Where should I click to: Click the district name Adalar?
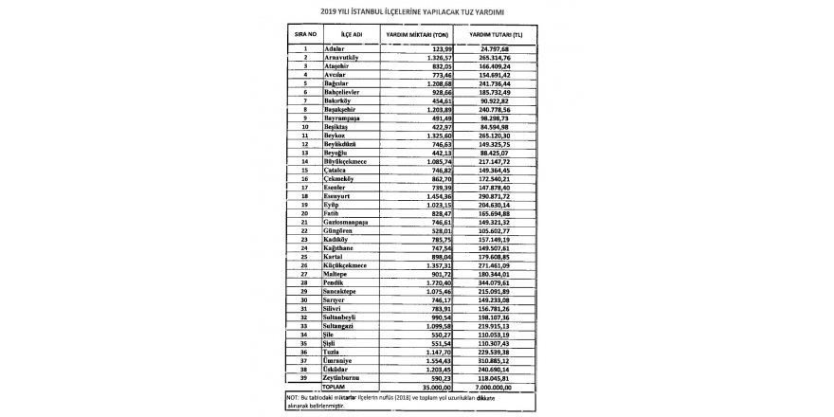[335, 47]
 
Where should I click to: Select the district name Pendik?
[335, 281]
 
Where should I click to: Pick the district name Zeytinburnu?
[343, 377]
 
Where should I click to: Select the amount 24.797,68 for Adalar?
[502, 47]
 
